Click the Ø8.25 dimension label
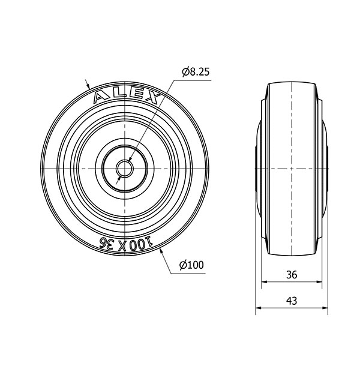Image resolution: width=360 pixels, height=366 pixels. coord(196,72)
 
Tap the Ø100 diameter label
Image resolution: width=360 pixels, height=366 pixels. coord(191,265)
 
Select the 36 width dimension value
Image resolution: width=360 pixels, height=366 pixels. coord(292,275)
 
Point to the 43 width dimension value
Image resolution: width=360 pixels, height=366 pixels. coord(292,301)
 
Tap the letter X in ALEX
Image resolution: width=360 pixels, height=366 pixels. coord(152,98)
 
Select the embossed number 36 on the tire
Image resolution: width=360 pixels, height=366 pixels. coord(107,243)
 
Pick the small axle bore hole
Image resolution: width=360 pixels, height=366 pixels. coord(125,169)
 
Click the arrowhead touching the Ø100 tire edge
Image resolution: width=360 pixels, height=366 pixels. coord(161,251)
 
